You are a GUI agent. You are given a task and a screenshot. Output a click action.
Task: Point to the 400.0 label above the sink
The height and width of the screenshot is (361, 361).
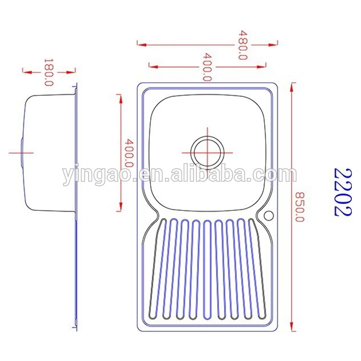click(x=207, y=66)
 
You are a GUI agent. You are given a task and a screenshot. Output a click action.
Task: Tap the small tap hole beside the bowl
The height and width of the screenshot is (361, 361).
click(x=268, y=214)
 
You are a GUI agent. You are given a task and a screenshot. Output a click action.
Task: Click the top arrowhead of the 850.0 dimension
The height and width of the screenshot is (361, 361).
click(x=292, y=86)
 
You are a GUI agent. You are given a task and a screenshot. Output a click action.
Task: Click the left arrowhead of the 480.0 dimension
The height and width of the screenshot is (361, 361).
click(x=140, y=44)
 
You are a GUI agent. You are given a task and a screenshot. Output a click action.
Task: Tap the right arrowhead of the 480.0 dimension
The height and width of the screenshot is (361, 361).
click(x=275, y=44)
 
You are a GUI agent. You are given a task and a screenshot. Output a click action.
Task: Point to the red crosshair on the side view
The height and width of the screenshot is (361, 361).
click(x=21, y=152)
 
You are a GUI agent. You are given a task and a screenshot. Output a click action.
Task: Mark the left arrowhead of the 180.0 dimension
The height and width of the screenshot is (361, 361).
click(x=26, y=71)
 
